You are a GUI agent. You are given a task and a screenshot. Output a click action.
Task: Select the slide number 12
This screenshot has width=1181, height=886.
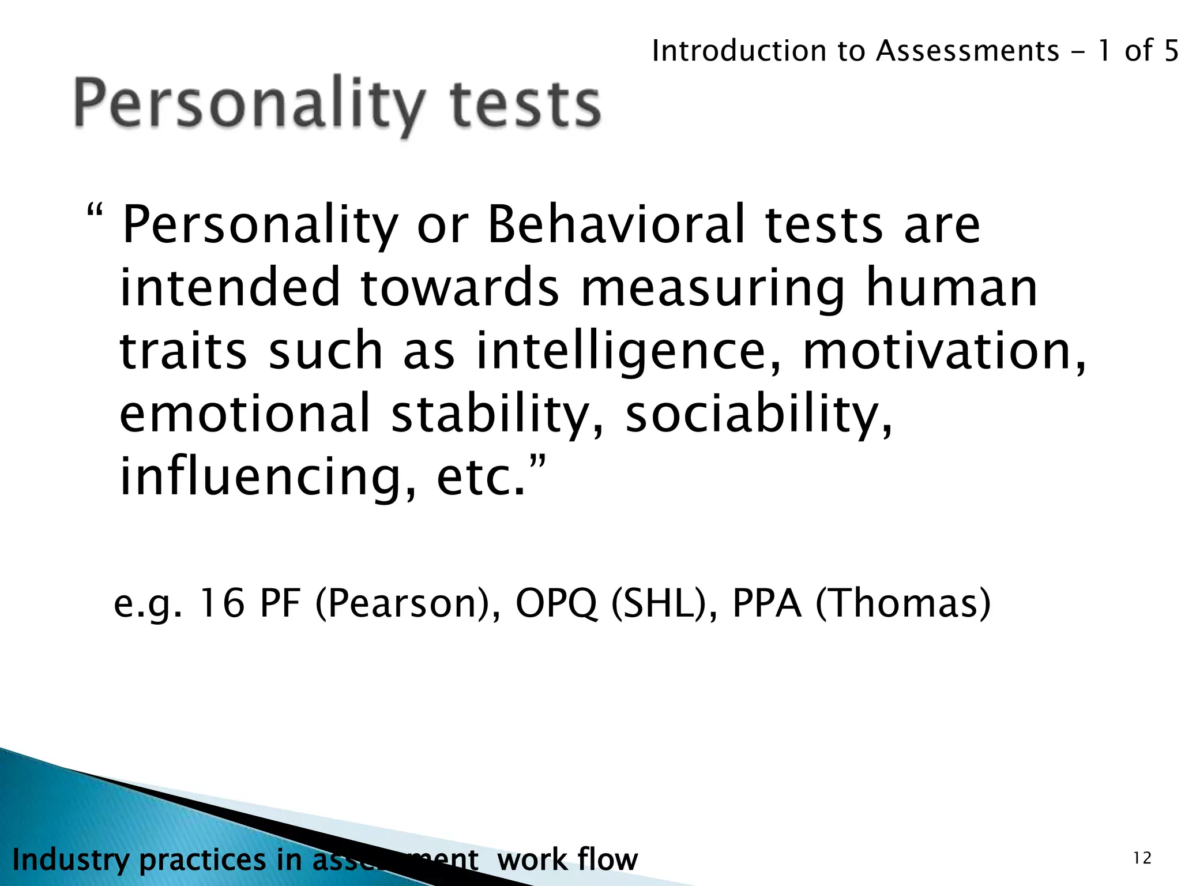1142,859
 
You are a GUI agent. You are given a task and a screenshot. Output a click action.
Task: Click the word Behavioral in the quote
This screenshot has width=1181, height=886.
616,225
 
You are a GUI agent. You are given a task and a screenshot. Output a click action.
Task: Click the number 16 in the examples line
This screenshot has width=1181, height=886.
221,604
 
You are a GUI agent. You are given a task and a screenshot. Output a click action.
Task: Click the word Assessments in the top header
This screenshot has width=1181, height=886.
968,51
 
